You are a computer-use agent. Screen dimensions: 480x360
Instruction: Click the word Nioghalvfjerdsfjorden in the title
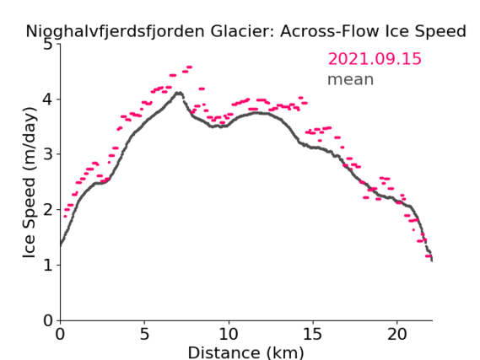click(x=115, y=32)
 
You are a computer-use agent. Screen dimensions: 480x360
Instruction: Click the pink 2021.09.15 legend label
click(x=375, y=59)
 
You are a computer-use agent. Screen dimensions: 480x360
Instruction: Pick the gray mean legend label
click(x=351, y=79)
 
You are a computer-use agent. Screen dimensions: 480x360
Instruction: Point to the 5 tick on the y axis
click(x=48, y=45)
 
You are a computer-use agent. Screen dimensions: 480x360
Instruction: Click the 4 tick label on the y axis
click(x=48, y=99)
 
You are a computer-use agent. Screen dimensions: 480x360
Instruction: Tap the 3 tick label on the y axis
click(x=48, y=154)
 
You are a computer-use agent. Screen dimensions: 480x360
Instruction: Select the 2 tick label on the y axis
click(x=48, y=210)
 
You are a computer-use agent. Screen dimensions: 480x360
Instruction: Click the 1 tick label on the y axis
click(x=48, y=265)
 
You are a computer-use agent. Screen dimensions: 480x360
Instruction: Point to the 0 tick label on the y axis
click(x=48, y=320)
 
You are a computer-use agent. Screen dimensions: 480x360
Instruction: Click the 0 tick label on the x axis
click(x=60, y=334)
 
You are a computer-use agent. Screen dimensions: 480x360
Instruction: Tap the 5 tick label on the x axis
click(x=144, y=334)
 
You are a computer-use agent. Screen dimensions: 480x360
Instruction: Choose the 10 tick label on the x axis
click(x=229, y=334)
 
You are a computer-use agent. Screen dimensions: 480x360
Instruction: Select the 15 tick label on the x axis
click(x=313, y=334)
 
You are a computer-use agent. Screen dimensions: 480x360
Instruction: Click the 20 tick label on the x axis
click(x=397, y=334)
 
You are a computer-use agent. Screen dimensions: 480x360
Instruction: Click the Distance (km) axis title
click(x=245, y=352)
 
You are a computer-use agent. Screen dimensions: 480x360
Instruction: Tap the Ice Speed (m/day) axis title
click(x=30, y=183)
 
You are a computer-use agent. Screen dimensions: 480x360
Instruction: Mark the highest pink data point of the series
click(x=189, y=67)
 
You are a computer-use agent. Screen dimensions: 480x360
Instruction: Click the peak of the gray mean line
click(x=179, y=93)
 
